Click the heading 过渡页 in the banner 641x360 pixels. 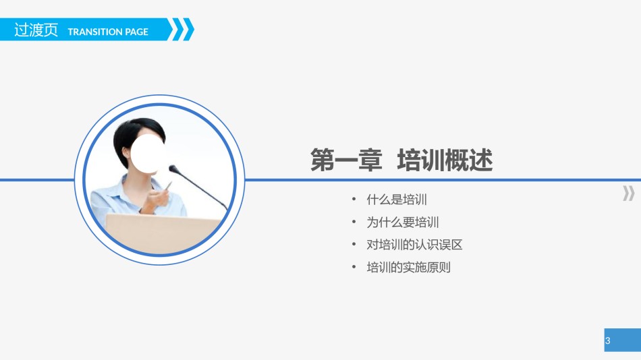tap(36, 30)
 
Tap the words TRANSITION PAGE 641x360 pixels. tap(108, 32)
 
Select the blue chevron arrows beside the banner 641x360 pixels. tap(180, 30)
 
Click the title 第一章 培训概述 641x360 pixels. tap(401, 161)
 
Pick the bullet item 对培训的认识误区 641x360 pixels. tap(414, 245)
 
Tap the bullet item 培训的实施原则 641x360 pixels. tap(408, 267)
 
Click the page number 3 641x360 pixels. tap(608, 341)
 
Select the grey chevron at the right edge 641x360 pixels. tap(628, 194)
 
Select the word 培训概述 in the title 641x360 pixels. tap(445, 161)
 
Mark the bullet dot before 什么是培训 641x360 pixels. tap(354, 200)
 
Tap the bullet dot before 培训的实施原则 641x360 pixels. tap(354, 267)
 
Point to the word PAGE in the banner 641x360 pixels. tap(136, 32)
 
